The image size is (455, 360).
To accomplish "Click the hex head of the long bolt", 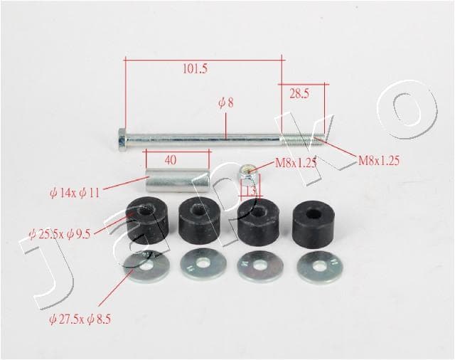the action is (122, 139).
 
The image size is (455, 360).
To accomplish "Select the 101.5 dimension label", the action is (195, 69).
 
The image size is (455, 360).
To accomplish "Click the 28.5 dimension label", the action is (299, 93).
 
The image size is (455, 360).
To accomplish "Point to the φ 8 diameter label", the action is (226, 102).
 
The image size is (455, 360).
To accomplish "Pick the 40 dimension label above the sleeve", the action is (171, 159).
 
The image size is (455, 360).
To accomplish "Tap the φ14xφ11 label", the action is (75, 193).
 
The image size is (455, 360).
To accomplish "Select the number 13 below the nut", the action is (250, 191).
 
